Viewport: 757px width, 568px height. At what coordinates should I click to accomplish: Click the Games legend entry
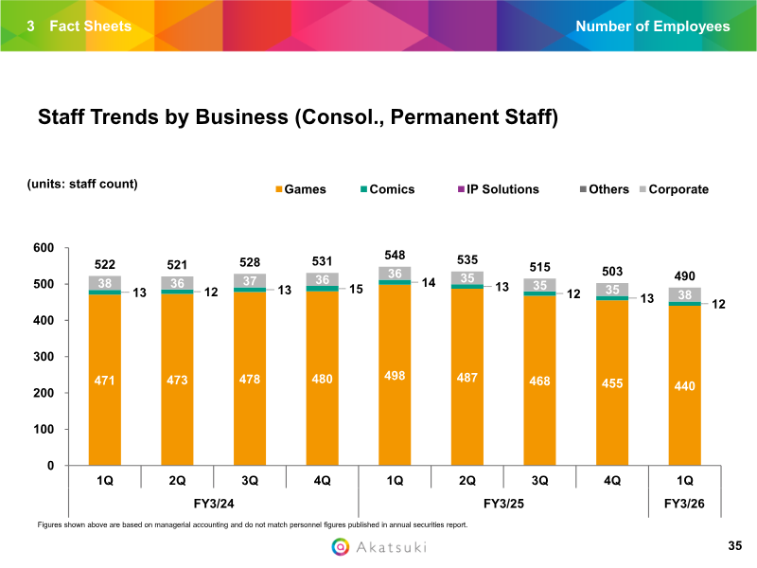pyautogui.click(x=300, y=189)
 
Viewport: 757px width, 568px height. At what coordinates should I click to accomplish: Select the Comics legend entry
pyautogui.click(x=386, y=189)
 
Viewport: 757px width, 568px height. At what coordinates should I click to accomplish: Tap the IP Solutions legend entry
pyautogui.click(x=498, y=189)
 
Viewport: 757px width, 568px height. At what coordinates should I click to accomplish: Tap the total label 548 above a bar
pyautogui.click(x=396, y=256)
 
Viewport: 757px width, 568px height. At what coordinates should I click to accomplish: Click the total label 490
pyautogui.click(x=685, y=275)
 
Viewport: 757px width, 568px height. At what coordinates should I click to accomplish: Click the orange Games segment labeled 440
pyautogui.click(x=685, y=385)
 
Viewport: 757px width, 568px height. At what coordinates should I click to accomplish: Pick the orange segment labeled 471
pyautogui.click(x=105, y=380)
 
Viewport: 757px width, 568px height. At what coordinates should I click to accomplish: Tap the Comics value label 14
pyautogui.click(x=430, y=282)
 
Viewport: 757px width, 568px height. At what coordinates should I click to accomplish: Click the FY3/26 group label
pyautogui.click(x=685, y=503)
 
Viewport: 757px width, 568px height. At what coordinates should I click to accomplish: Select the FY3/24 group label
pyautogui.click(x=213, y=503)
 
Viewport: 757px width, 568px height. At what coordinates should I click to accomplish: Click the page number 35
pyautogui.click(x=735, y=546)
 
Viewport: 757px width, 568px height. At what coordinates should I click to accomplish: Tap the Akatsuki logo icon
pyautogui.click(x=341, y=547)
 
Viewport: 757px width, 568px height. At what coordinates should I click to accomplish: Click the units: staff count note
pyautogui.click(x=82, y=184)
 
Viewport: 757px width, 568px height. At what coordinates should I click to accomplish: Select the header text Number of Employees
pyautogui.click(x=653, y=26)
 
